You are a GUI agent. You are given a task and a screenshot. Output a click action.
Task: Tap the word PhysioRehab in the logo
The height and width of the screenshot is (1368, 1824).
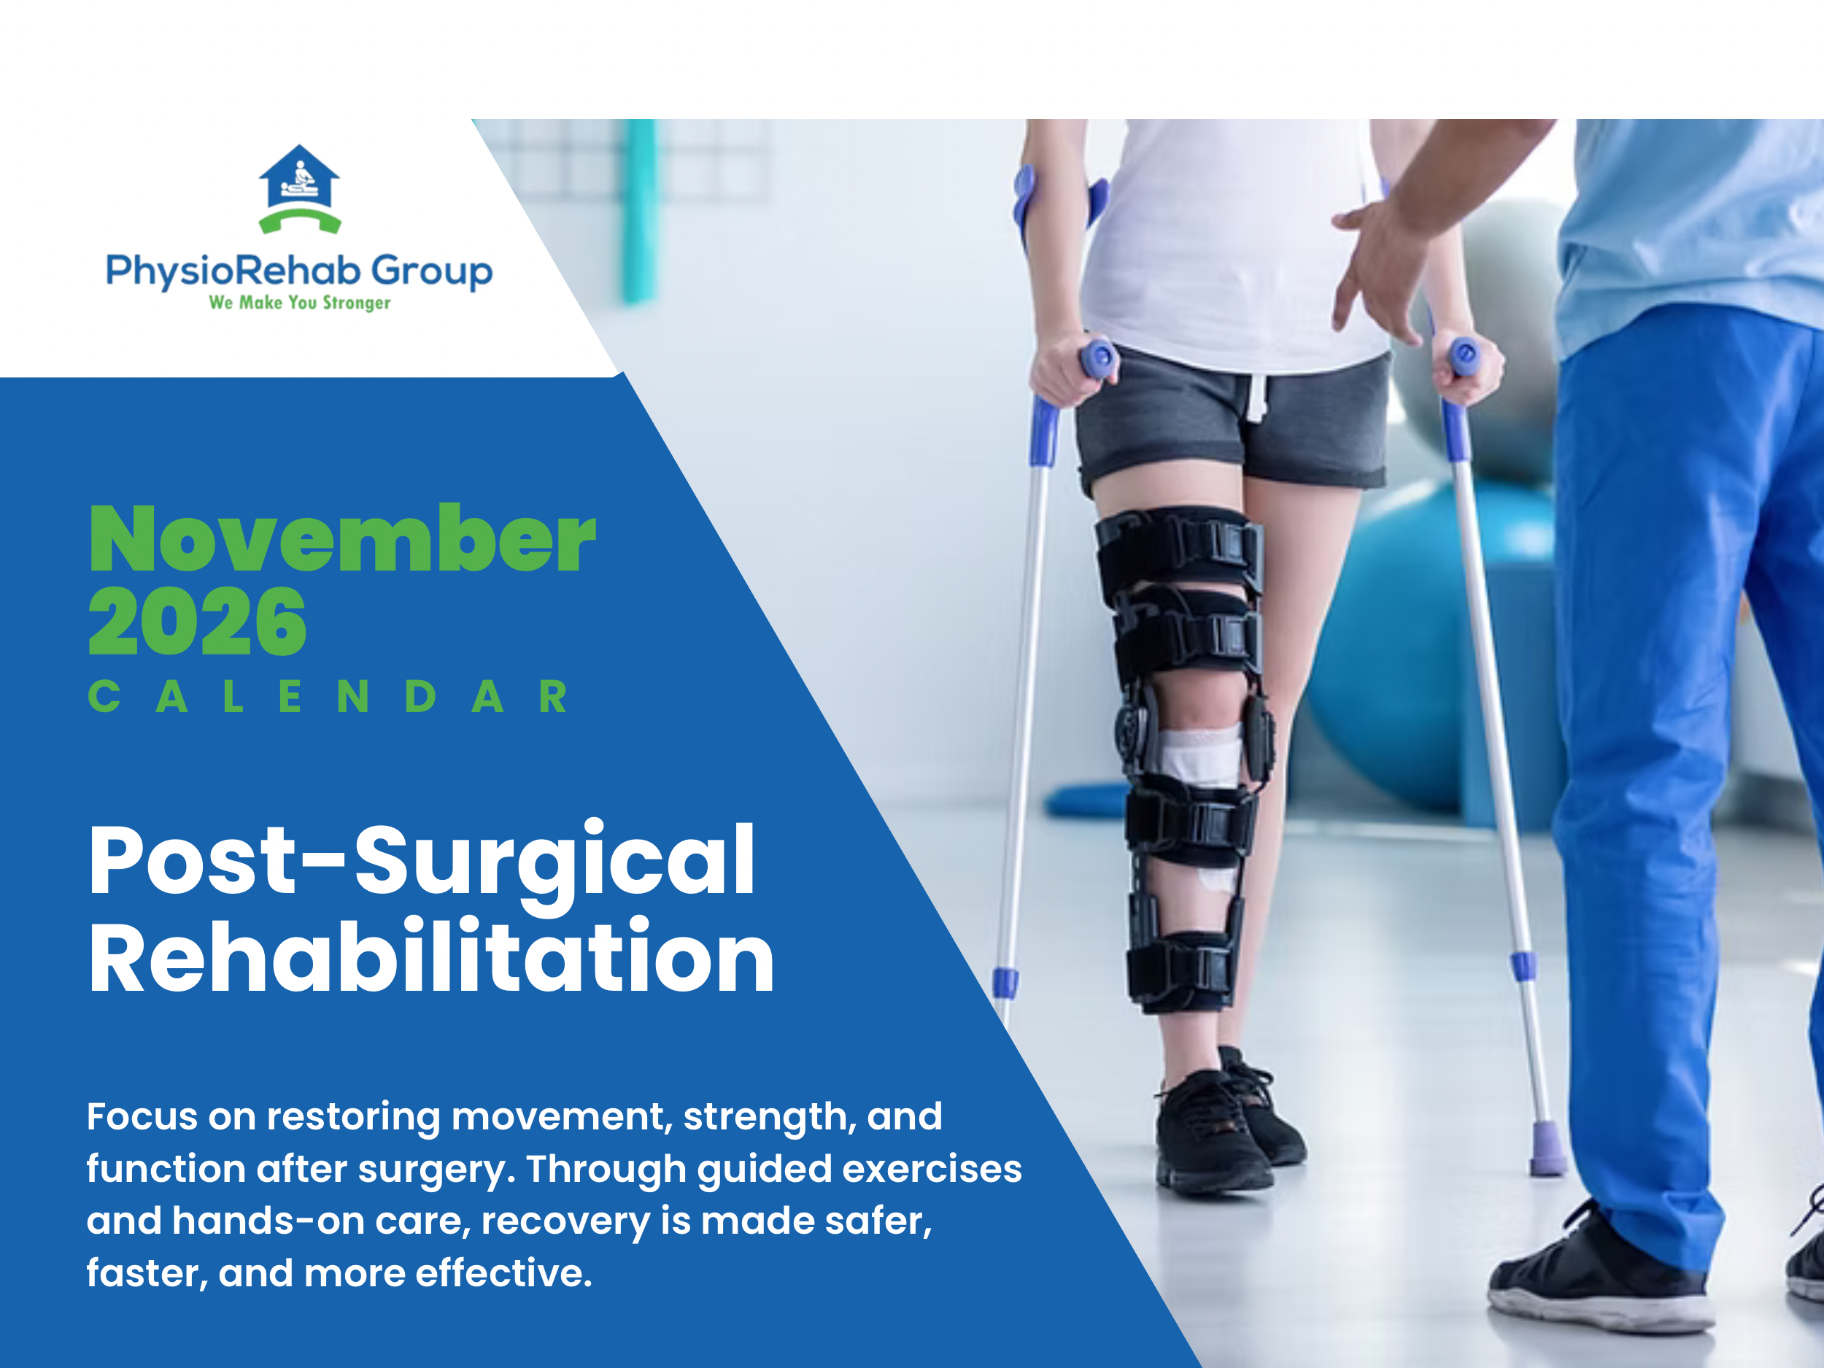233,271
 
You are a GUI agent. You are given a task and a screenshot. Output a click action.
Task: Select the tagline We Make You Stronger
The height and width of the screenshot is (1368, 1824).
299,303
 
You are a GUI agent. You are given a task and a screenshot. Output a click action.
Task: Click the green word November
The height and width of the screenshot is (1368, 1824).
341,539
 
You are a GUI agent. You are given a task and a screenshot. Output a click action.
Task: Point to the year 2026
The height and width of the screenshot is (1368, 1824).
197,622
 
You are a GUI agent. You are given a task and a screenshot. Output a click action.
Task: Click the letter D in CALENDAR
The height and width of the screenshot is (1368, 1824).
420,697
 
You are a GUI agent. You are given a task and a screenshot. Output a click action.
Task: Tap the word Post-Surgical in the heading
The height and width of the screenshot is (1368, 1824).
422,860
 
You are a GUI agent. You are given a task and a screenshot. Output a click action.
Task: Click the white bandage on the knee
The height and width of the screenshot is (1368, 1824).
1199,754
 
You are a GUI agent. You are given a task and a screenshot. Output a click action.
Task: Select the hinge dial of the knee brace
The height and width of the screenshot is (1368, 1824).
1132,729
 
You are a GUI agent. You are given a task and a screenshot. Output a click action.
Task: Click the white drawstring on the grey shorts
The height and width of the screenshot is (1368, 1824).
1255,395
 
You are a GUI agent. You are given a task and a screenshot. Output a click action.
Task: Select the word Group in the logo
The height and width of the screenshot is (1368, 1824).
430,271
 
